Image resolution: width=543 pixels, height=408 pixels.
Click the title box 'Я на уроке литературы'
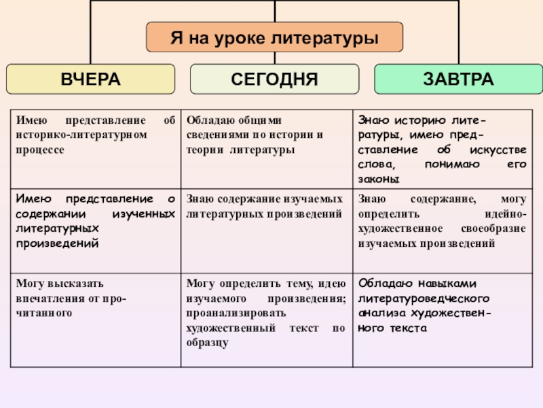click(x=274, y=37)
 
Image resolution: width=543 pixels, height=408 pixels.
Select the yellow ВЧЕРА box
click(x=90, y=79)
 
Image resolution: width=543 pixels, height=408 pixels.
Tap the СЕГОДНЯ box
click(x=274, y=79)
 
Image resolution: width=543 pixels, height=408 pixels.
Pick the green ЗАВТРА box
click(x=458, y=79)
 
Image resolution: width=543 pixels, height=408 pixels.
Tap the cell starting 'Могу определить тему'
click(x=266, y=313)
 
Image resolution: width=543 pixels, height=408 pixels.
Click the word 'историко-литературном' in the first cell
click(x=81, y=135)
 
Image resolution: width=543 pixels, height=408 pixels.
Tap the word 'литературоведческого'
click(x=424, y=299)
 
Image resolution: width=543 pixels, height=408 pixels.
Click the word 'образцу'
click(x=206, y=342)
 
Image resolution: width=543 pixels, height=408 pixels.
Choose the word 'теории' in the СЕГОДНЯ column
click(x=204, y=149)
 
